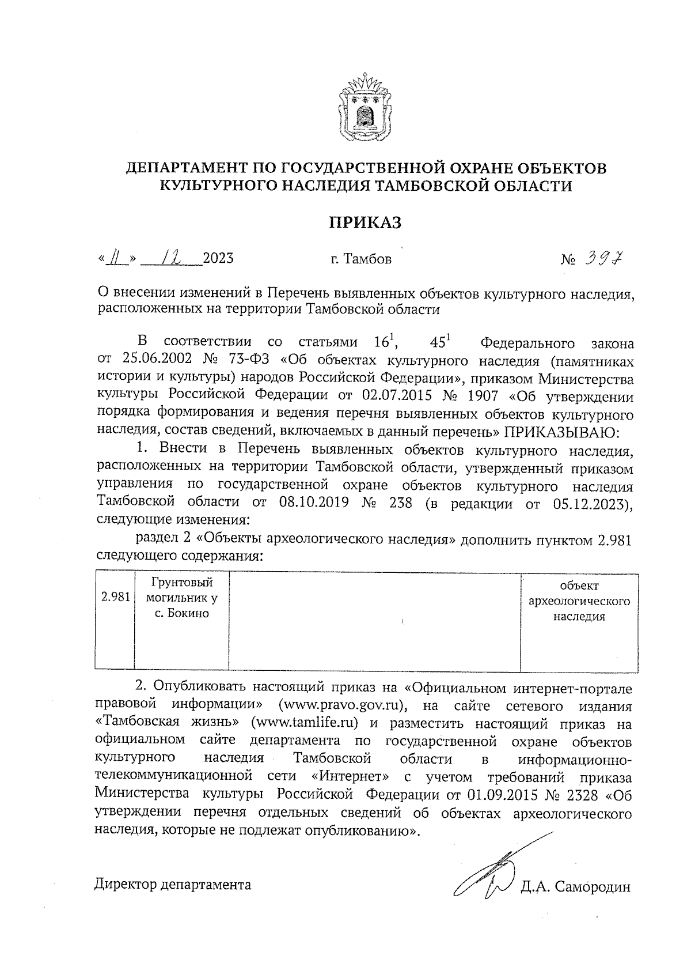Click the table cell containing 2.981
(x=115, y=597)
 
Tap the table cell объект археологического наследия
(x=579, y=601)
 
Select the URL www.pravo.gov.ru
(x=343, y=707)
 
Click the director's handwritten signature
(x=489, y=873)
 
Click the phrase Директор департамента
(x=173, y=885)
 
